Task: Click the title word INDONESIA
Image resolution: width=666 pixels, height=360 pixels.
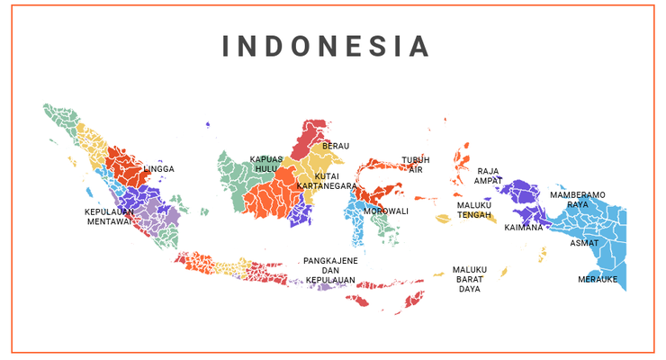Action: pyautogui.click(x=326, y=46)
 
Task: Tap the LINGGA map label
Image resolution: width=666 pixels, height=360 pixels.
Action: pyautogui.click(x=159, y=169)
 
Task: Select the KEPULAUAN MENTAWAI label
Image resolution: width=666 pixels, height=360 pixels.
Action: pyautogui.click(x=110, y=217)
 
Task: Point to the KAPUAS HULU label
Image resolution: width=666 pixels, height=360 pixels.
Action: pyautogui.click(x=266, y=164)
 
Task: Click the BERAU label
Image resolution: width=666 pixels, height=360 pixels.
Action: pyautogui.click(x=336, y=146)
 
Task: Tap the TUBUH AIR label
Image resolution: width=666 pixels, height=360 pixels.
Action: pyautogui.click(x=416, y=165)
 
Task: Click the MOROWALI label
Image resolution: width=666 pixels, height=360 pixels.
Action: pyautogui.click(x=386, y=211)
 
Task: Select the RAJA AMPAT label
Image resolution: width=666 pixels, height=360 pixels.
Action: pyautogui.click(x=489, y=175)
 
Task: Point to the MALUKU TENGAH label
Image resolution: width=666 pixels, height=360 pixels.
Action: pyautogui.click(x=474, y=210)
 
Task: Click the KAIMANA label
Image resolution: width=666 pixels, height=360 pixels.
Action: pyautogui.click(x=524, y=228)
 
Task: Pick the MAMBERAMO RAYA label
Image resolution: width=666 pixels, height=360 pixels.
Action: pyautogui.click(x=578, y=199)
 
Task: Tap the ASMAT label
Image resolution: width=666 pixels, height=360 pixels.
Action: pyautogui.click(x=584, y=243)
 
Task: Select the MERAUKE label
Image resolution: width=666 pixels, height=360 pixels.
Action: pyautogui.click(x=598, y=279)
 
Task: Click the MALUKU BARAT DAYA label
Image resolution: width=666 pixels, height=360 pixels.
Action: pyautogui.click(x=470, y=279)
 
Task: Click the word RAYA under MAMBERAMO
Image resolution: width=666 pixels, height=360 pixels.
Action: pyautogui.click(x=578, y=204)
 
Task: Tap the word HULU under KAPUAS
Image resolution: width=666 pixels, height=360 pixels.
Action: pyautogui.click(x=266, y=169)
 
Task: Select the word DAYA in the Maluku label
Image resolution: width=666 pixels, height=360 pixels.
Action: pyautogui.click(x=470, y=290)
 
